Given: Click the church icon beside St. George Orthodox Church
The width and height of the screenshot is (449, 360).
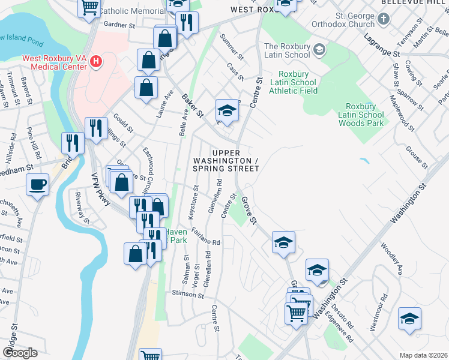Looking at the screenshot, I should click(384, 19).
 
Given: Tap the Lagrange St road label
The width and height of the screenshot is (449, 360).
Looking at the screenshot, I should click(382, 45).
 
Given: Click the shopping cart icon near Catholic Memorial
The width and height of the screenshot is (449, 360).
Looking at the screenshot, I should click(89, 7).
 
